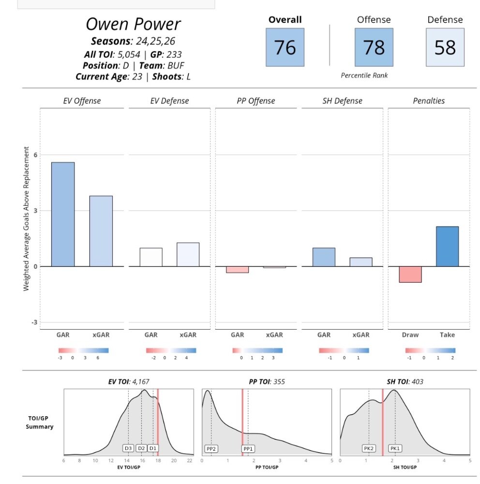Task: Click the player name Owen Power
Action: click(x=133, y=24)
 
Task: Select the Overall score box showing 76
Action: click(x=285, y=47)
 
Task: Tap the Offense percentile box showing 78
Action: click(x=374, y=47)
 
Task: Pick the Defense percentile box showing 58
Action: click(x=445, y=47)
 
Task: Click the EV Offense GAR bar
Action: click(x=63, y=214)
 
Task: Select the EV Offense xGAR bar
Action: click(x=101, y=231)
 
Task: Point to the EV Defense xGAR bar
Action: click(x=188, y=255)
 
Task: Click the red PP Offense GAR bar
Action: click(x=237, y=270)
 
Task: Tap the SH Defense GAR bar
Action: click(x=324, y=257)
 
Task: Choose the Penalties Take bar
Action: click(x=447, y=246)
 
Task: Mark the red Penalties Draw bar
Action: click(x=410, y=274)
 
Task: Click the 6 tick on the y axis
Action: click(x=35, y=155)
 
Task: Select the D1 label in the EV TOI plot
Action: click(x=153, y=448)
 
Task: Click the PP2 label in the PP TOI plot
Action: click(x=211, y=449)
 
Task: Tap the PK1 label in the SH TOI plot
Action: click(x=395, y=449)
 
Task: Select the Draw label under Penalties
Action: click(x=410, y=335)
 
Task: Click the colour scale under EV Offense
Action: click(x=83, y=350)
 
